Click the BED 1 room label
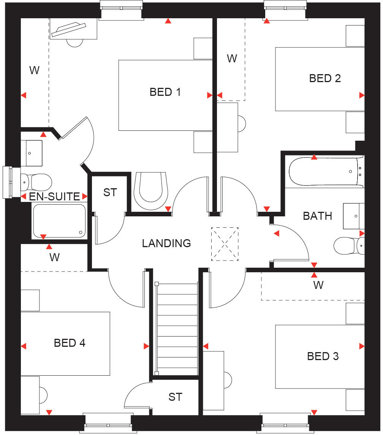pyautogui.click(x=165, y=92)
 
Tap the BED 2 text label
pyautogui.click(x=324, y=79)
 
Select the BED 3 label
pyautogui.click(x=323, y=356)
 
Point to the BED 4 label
pyautogui.click(x=70, y=343)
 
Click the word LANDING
pyautogui.click(x=166, y=243)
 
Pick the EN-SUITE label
pyautogui.click(x=55, y=197)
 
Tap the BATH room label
pyautogui.click(x=317, y=216)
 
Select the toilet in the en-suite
pyautogui.click(x=36, y=182)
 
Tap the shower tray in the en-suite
pyautogui.click(x=59, y=221)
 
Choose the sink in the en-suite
pyautogui.click(x=31, y=153)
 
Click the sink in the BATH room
pyautogui.click(x=354, y=216)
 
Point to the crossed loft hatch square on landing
pyautogui.click(x=225, y=244)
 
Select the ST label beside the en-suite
pyautogui.click(x=110, y=192)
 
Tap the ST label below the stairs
pyautogui.click(x=175, y=397)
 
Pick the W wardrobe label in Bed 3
pyautogui.click(x=318, y=285)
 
